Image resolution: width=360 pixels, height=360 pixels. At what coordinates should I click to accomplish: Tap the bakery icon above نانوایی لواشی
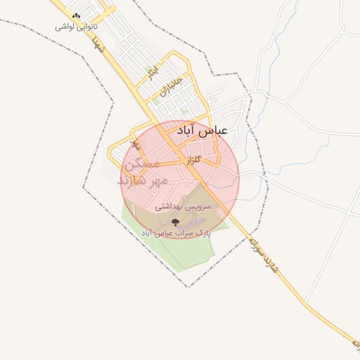click(x=77, y=15)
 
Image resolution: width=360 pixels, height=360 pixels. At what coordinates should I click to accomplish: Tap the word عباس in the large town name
click(x=214, y=131)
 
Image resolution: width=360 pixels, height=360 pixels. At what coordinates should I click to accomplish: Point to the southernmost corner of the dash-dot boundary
click(x=188, y=288)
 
